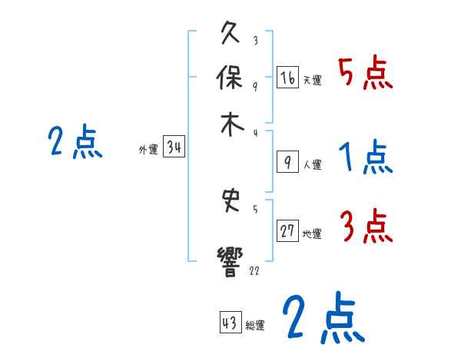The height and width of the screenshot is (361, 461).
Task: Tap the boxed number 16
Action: pos(287,78)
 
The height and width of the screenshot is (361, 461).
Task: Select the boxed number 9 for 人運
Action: pos(287,161)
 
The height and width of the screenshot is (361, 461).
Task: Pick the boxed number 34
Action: pos(174,147)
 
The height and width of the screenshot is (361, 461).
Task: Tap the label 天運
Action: pos(312,80)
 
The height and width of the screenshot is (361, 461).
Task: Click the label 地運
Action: pos(312,234)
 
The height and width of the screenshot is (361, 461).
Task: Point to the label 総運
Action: pos(255,325)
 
